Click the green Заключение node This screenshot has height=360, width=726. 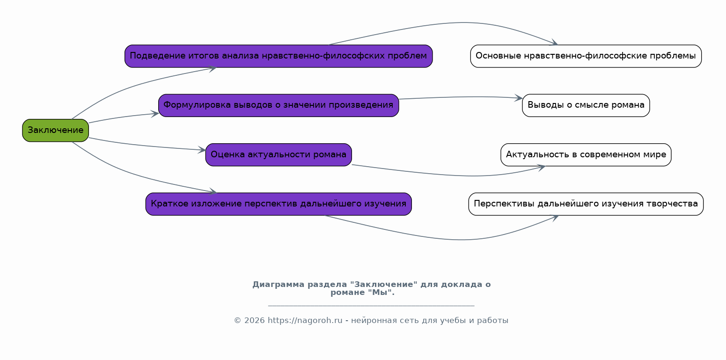(x=55, y=130)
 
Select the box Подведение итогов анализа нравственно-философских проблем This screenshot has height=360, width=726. (x=278, y=56)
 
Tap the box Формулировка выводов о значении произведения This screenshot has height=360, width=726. (x=278, y=105)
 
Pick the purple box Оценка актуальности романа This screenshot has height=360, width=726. (x=278, y=154)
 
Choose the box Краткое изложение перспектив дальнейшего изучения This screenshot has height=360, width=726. (x=278, y=204)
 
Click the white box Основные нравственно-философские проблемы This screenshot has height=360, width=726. (x=586, y=56)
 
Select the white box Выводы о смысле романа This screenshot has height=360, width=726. (x=586, y=105)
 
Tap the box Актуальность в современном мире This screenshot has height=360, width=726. (x=586, y=154)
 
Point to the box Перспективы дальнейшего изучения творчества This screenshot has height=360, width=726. (x=586, y=204)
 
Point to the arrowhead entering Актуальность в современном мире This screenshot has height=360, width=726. (x=542, y=167)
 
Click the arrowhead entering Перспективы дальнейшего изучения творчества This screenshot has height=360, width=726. (x=555, y=217)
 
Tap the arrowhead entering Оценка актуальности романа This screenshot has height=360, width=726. (x=202, y=150)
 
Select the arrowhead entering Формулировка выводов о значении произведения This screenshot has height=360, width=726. (x=155, y=113)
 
